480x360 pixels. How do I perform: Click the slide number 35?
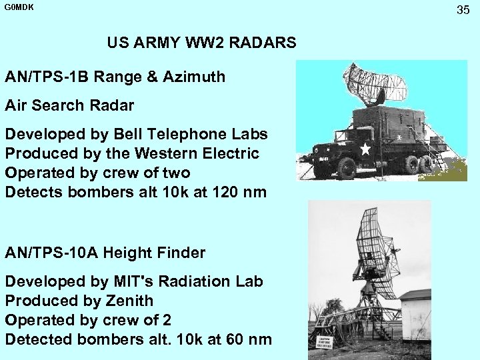pos(463,10)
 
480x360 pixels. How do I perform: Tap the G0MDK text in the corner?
pos(18,8)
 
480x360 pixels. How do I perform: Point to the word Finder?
pos(179,253)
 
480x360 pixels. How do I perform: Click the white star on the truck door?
pos(365,149)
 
